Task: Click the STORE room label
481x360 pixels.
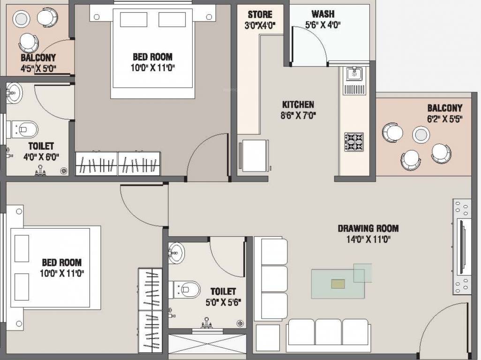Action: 260,15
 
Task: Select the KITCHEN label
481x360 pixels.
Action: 298,105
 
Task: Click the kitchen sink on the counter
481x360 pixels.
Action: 354,74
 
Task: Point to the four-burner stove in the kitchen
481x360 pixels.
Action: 354,142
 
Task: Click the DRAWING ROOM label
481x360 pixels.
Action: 368,229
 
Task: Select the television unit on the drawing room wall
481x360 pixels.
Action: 462,247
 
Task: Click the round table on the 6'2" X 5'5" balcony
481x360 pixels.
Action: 421,135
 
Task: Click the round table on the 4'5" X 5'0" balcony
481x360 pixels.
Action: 22,19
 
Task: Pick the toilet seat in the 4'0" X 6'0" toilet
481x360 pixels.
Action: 25,129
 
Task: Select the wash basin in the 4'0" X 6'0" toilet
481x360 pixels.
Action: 14,92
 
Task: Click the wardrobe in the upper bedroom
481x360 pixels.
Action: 118,164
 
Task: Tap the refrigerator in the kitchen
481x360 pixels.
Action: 253,157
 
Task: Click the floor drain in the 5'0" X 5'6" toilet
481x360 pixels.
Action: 240,323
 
